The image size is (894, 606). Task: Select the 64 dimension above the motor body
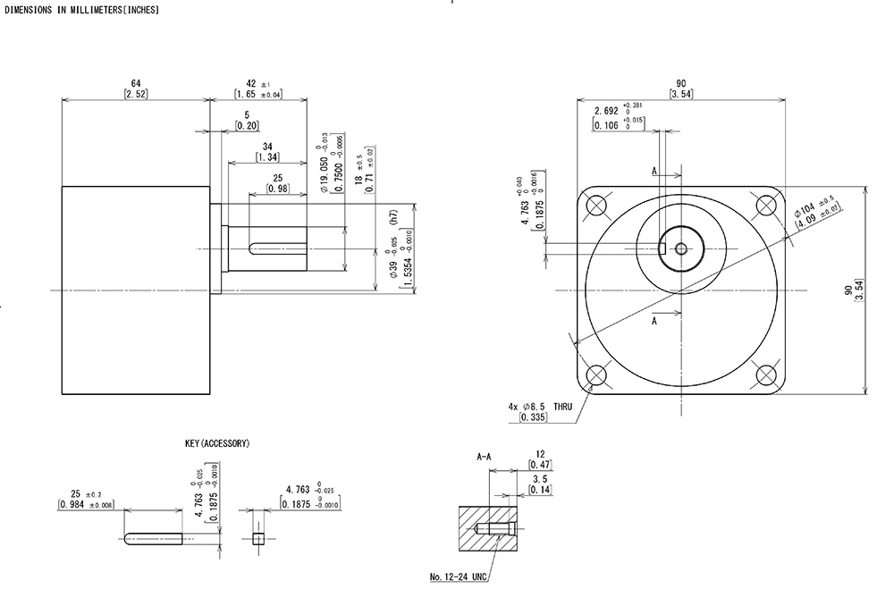pyautogui.click(x=135, y=83)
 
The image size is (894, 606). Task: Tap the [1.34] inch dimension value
pyautogui.click(x=267, y=156)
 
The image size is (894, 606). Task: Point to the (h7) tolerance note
pyautogui.click(x=392, y=216)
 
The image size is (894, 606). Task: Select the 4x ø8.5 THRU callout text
pyautogui.click(x=540, y=406)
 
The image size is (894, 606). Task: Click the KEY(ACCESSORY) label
pyautogui.click(x=217, y=443)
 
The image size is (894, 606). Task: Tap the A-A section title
pyautogui.click(x=484, y=457)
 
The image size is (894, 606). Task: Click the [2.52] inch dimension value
pyautogui.click(x=135, y=94)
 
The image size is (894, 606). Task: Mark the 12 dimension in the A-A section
pyautogui.click(x=539, y=453)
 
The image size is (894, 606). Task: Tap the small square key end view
pyautogui.click(x=258, y=538)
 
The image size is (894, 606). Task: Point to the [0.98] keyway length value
pyautogui.click(x=278, y=189)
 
